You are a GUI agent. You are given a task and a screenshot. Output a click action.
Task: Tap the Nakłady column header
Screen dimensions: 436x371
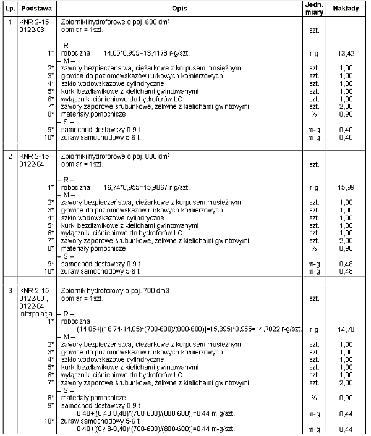[x=346, y=10]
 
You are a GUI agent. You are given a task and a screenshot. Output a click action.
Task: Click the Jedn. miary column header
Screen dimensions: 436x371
[x=312, y=9]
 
